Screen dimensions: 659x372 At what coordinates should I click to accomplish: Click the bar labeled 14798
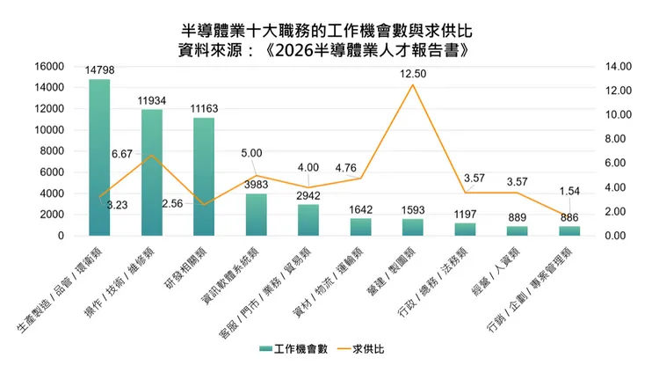99,157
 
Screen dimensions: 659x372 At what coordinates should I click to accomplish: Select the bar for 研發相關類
204,177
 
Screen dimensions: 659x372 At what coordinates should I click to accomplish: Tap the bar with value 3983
257,215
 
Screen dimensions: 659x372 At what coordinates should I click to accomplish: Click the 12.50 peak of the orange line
413,85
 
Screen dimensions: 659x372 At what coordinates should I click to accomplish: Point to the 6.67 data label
122,154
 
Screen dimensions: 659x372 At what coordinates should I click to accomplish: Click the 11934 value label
152,100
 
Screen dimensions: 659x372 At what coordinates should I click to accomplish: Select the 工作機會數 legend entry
293,349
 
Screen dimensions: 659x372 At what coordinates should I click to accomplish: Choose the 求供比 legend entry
361,349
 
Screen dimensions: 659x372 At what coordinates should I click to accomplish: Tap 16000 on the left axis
49,67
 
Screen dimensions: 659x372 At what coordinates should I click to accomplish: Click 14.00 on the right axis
619,67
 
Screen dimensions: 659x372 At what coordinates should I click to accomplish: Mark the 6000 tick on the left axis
52,172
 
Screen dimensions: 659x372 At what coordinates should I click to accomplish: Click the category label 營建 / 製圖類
391,272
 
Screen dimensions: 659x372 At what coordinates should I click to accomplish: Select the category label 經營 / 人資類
496,272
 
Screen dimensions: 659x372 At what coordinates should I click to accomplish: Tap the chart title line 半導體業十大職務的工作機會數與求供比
327,31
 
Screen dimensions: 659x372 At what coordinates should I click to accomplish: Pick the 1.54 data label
569,191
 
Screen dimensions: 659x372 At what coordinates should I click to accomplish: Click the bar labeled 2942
308,220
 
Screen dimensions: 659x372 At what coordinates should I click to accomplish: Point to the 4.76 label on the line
345,168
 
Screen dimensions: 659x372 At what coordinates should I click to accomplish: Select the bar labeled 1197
465,230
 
